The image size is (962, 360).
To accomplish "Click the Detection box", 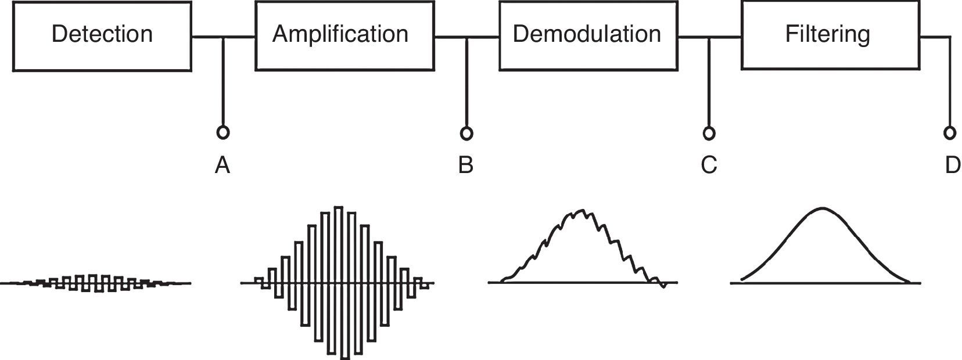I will pyautogui.click(x=102, y=36).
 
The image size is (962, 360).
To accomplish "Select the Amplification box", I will pyautogui.click(x=344, y=36).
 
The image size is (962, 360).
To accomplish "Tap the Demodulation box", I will pyautogui.click(x=588, y=36).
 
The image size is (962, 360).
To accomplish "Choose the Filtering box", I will pyautogui.click(x=830, y=36).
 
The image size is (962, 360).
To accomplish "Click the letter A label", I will pyautogui.click(x=222, y=166).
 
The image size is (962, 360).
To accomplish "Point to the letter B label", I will pyautogui.click(x=466, y=166).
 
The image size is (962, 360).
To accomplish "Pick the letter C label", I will pyautogui.click(x=709, y=166).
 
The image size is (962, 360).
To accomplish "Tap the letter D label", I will pyautogui.click(x=952, y=166).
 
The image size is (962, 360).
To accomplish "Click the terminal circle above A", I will pyautogui.click(x=222, y=132).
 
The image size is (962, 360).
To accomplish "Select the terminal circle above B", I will pyautogui.click(x=466, y=133).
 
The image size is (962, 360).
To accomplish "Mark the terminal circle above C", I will pyautogui.click(x=709, y=133).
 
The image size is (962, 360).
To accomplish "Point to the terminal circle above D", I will pyautogui.click(x=950, y=133).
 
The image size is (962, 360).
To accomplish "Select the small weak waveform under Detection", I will pyautogui.click(x=96, y=283).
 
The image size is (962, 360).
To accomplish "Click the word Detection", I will pyautogui.click(x=102, y=34).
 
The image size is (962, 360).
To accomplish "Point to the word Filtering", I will pyautogui.click(x=828, y=34).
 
